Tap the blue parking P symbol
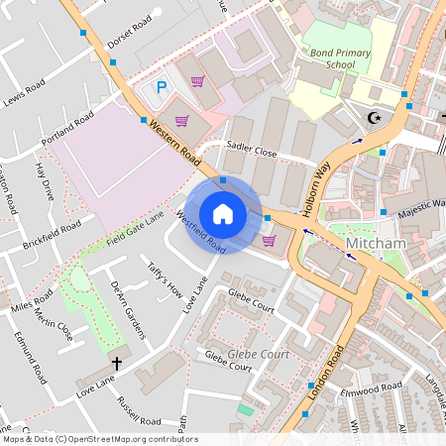161,88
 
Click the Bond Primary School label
332,56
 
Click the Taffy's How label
165,279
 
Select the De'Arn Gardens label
128,306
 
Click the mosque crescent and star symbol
375,119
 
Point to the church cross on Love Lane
116,364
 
